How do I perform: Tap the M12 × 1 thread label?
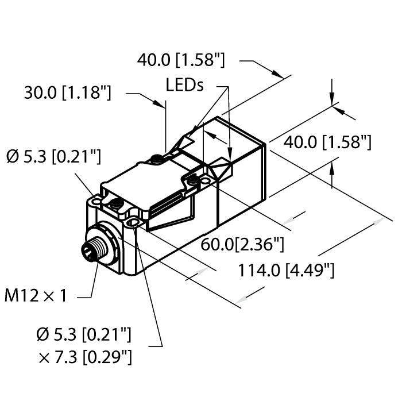tap(36, 296)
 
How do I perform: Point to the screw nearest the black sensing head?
tap(194, 181)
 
